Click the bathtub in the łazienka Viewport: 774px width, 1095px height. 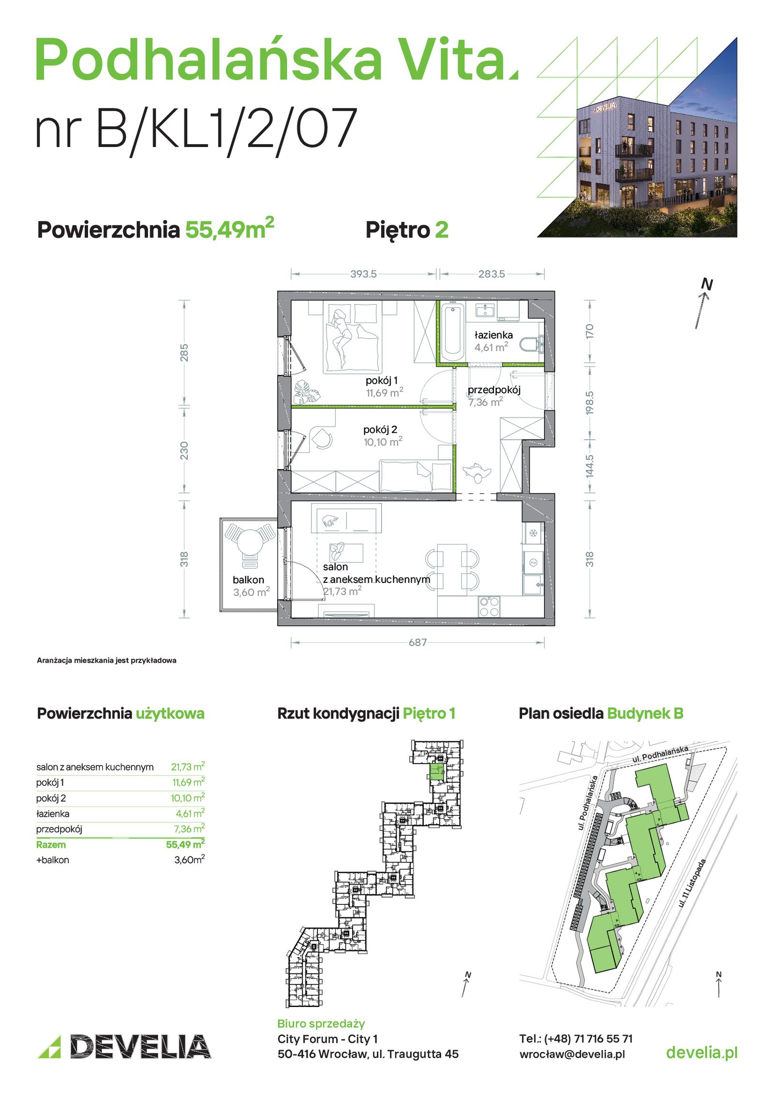coord(452,331)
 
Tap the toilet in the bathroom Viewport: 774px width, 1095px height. coord(531,344)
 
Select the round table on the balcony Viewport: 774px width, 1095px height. coord(250,542)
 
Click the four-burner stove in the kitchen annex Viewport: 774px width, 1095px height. coord(489,607)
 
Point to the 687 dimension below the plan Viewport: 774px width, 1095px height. coord(417,642)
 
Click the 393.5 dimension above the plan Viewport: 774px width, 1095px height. coord(363,274)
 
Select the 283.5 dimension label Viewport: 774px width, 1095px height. coord(491,274)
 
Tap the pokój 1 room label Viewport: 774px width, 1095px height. coord(382,380)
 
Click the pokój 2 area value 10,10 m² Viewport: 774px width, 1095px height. coord(383,442)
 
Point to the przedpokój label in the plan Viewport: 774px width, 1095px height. coord(494,390)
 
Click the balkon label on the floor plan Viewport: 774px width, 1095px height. coord(248,579)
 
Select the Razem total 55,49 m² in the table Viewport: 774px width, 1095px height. coord(185,844)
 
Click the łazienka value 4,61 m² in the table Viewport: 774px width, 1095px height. coord(190,813)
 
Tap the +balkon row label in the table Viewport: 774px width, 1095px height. coord(53,860)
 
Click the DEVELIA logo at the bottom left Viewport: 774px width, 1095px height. coord(124,1047)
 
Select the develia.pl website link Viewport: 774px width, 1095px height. coord(701,1052)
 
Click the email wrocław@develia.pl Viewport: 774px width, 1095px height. coord(572,1054)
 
